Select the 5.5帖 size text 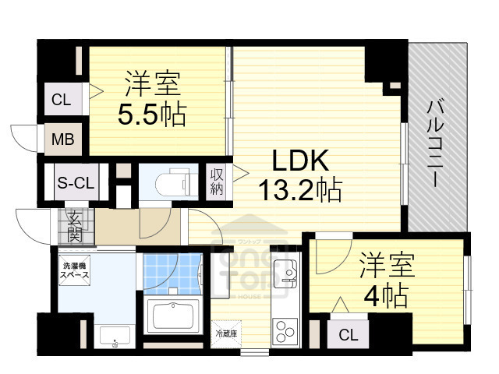point(151,115)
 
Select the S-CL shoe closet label point(76,184)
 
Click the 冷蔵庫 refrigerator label point(227,333)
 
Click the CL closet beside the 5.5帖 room point(60,99)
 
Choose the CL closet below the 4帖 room point(349,335)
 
